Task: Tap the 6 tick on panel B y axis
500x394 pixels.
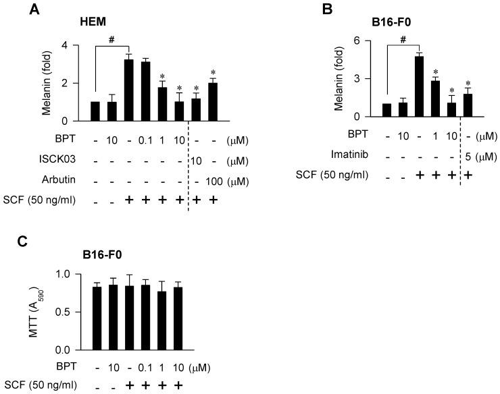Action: (359, 41)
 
